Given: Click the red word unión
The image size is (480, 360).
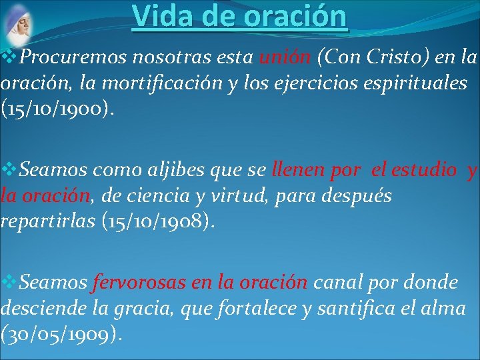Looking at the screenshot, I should tap(287, 59).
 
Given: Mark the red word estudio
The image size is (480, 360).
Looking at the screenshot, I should tap(425, 171).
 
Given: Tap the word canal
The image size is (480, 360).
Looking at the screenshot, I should tap(333, 283).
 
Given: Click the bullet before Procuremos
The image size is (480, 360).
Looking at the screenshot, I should tap(9, 59).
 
